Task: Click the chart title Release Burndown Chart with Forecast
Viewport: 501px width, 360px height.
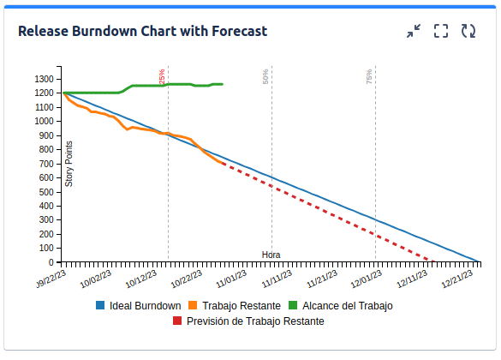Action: pyautogui.click(x=142, y=32)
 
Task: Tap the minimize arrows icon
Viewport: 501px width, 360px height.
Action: pyautogui.click(x=414, y=31)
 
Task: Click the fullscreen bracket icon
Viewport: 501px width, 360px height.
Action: pyautogui.click(x=441, y=31)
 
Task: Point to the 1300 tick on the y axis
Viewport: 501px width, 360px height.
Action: pyautogui.click(x=44, y=79)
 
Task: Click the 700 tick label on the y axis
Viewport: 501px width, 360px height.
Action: pyautogui.click(x=46, y=164)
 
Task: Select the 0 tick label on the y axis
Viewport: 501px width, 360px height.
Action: pyautogui.click(x=51, y=262)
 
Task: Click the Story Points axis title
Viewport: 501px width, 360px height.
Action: pyautogui.click(x=69, y=164)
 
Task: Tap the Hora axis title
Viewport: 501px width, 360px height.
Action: pyautogui.click(x=271, y=255)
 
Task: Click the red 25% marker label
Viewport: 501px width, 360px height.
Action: pyautogui.click(x=162, y=76)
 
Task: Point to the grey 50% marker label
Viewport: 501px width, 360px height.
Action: pyautogui.click(x=265, y=77)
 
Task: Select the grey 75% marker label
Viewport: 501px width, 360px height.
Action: pyautogui.click(x=369, y=77)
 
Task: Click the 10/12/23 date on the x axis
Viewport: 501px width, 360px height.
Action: pyautogui.click(x=141, y=279)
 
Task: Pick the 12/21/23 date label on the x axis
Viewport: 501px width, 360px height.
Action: pyautogui.click(x=457, y=279)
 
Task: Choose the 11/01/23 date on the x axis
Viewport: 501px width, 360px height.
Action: pyautogui.click(x=231, y=279)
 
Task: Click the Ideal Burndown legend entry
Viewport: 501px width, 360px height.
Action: pyautogui.click(x=139, y=306)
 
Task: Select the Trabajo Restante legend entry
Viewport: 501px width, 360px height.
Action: pyautogui.click(x=235, y=306)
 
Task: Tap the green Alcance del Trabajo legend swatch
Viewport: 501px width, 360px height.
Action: pyautogui.click(x=293, y=305)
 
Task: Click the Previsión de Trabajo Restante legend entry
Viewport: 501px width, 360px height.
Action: pyautogui.click(x=248, y=321)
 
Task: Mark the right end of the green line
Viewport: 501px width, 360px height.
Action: pyautogui.click(x=223, y=84)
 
